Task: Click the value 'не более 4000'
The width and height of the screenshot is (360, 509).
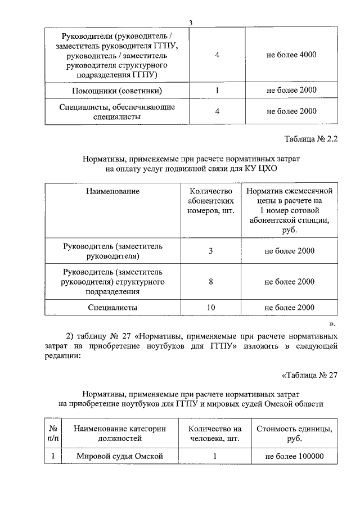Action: click(x=291, y=55)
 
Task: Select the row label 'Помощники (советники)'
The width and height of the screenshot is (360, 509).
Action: click(x=118, y=90)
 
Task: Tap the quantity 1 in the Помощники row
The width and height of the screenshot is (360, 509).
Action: click(x=217, y=90)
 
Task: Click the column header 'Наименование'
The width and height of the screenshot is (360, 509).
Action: click(x=112, y=191)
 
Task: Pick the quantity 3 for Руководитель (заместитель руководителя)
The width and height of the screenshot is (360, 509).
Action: click(x=210, y=251)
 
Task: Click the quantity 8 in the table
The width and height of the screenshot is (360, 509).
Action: click(x=210, y=281)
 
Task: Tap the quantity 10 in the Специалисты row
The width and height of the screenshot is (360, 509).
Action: click(x=210, y=308)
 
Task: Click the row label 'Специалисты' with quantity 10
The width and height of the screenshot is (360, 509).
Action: click(x=112, y=308)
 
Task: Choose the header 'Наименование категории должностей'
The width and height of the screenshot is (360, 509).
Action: click(x=119, y=433)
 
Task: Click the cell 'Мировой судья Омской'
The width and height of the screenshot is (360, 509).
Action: click(x=119, y=456)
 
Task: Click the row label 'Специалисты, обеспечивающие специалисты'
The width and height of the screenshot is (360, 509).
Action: click(x=118, y=112)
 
